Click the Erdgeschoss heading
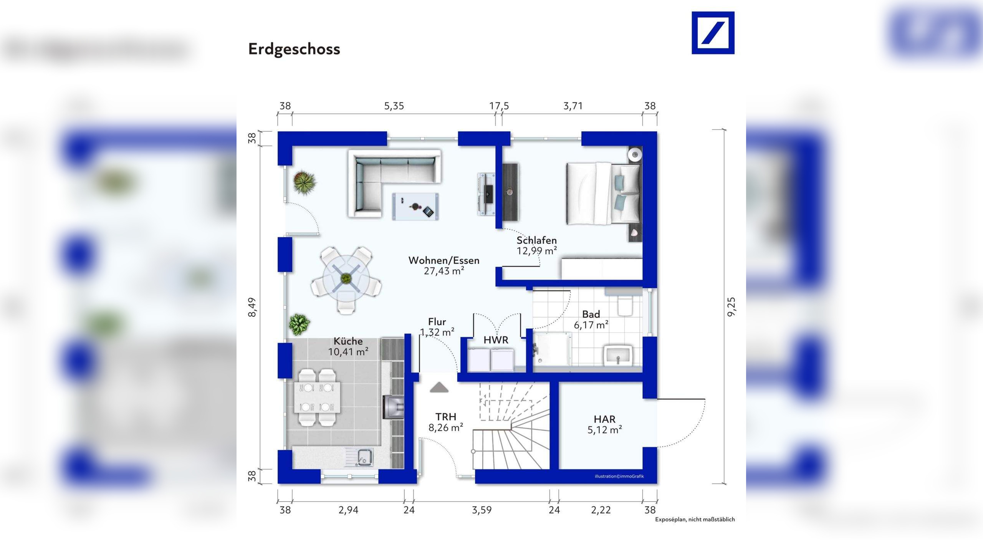click(x=294, y=49)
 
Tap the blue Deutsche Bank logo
click(x=713, y=33)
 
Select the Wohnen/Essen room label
click(x=444, y=260)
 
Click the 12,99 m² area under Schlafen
click(x=536, y=251)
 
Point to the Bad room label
click(x=591, y=314)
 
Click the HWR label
click(x=496, y=340)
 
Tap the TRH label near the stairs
click(x=446, y=417)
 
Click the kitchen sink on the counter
click(x=363, y=457)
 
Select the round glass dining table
click(x=346, y=278)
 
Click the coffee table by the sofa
click(x=415, y=207)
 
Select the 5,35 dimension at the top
click(x=394, y=106)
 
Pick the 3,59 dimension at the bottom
click(x=482, y=510)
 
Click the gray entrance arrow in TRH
click(x=439, y=387)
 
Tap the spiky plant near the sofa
click(x=304, y=182)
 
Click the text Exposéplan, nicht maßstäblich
click(x=695, y=520)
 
